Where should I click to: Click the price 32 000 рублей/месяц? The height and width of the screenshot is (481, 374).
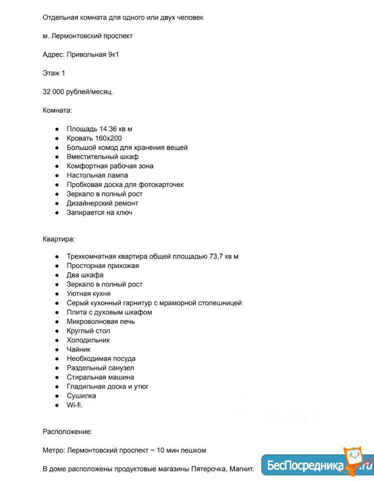pos(78,92)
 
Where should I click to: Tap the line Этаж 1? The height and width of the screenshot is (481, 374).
pos(54,73)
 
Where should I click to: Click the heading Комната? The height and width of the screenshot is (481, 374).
pos(57,110)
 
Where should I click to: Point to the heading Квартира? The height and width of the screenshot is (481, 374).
pos(59,239)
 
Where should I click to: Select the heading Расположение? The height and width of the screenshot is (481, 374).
pos(67,431)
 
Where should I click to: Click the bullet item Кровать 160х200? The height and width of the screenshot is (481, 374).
pos(94,138)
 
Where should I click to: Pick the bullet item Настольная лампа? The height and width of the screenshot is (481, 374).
pos(97,175)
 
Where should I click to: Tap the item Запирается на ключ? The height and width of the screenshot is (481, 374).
pos(99,212)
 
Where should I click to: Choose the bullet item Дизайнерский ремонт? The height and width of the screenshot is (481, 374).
pos(102,203)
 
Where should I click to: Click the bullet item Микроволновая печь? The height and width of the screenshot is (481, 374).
pos(101,321)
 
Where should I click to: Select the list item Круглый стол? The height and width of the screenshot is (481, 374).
pos(88,331)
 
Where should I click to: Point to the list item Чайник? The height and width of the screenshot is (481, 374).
pos(79,349)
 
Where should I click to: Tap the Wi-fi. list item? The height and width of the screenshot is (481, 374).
pos(75,405)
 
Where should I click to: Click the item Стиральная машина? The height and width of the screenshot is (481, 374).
pos(100,377)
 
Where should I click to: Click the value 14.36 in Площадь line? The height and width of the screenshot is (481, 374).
pos(108,129)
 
